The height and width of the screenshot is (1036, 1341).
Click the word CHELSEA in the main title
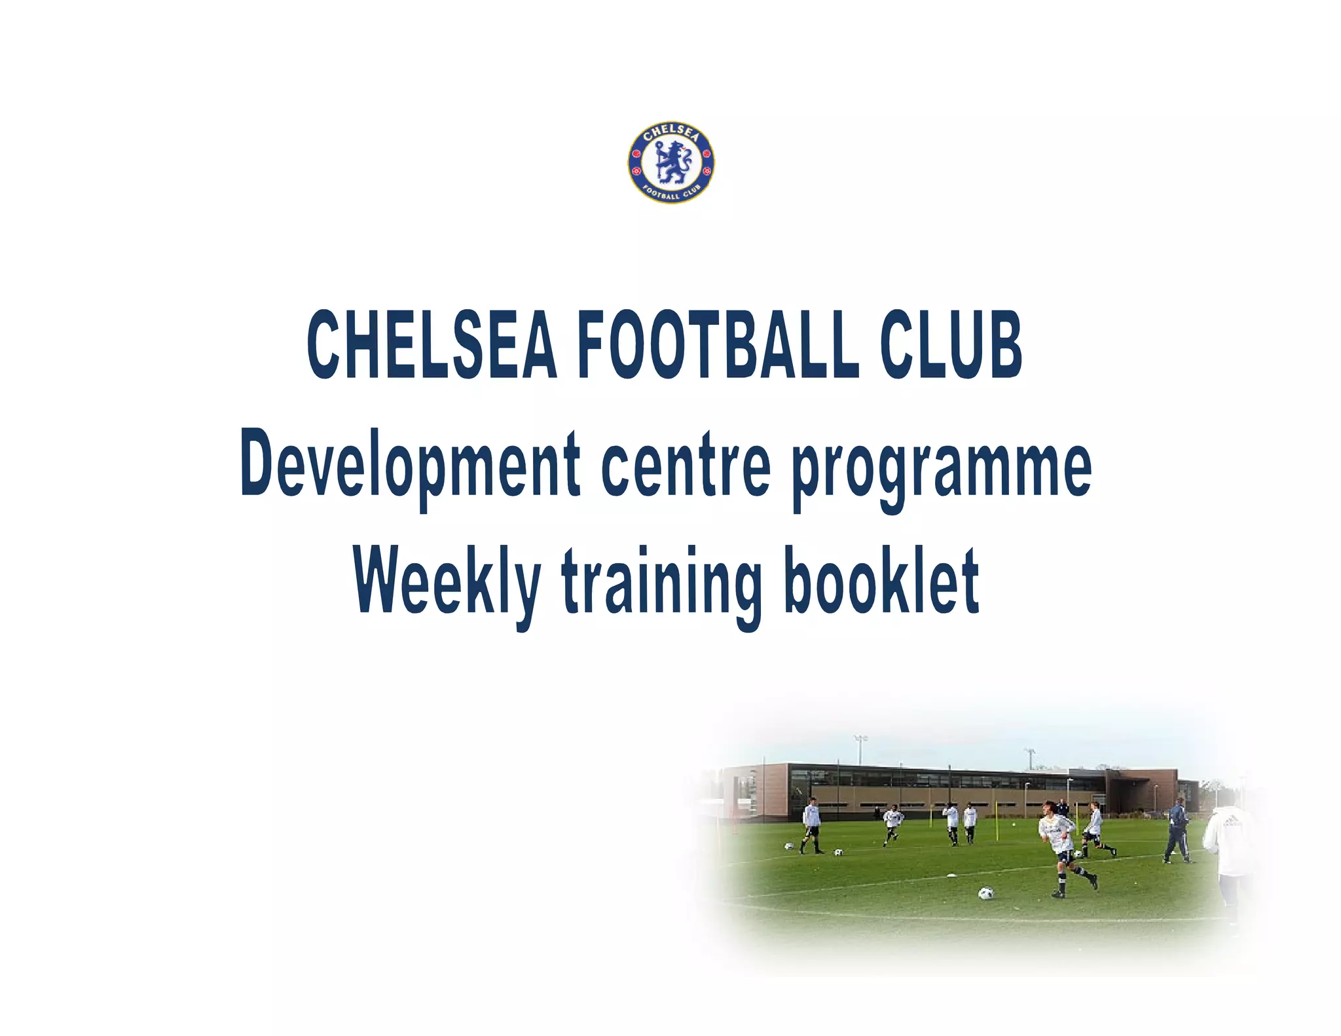pos(432,345)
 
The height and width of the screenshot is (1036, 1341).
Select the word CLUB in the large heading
pos(951,345)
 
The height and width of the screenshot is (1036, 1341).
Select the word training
pos(661,583)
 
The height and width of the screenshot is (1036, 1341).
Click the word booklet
pos(881,582)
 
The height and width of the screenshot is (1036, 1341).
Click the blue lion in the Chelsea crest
pos(671,162)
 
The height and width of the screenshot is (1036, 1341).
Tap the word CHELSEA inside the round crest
pos(671,133)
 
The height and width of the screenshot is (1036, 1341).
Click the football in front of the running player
pos(985,893)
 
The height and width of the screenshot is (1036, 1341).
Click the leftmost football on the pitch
pos(789,846)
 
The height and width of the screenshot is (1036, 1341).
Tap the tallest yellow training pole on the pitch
pos(997,822)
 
